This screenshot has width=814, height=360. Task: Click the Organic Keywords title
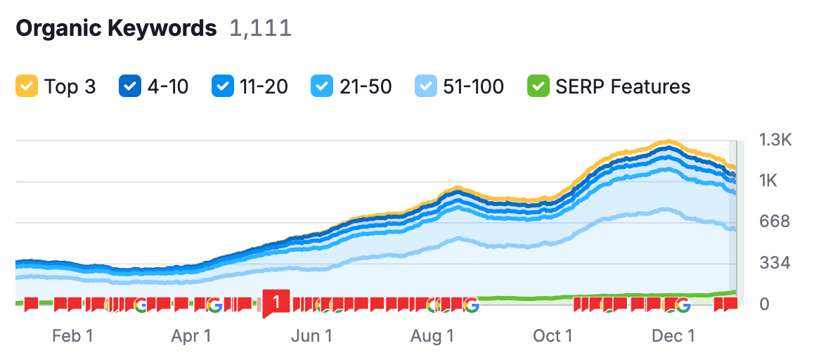(x=116, y=29)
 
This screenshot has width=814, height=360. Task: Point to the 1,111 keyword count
(x=261, y=29)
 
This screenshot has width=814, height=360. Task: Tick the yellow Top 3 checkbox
(x=26, y=86)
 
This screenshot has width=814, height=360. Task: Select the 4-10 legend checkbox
(x=129, y=86)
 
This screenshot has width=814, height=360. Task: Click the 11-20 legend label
(x=264, y=86)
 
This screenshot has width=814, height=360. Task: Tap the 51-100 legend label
(x=474, y=86)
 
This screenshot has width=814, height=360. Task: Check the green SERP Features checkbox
(x=538, y=86)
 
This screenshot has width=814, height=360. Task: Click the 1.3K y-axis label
(x=775, y=141)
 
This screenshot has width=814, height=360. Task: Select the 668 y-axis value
(x=775, y=222)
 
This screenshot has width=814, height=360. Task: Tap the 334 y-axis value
(x=775, y=264)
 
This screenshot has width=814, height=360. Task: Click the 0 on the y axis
(x=764, y=304)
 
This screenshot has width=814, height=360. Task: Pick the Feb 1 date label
(x=72, y=336)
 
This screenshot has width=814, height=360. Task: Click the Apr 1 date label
(x=191, y=336)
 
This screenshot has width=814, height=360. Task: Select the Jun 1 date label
(x=311, y=336)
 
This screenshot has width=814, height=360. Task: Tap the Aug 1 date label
(x=432, y=336)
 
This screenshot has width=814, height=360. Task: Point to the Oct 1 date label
(x=553, y=336)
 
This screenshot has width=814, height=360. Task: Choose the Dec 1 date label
(x=673, y=336)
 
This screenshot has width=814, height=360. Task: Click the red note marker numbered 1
(x=276, y=302)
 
